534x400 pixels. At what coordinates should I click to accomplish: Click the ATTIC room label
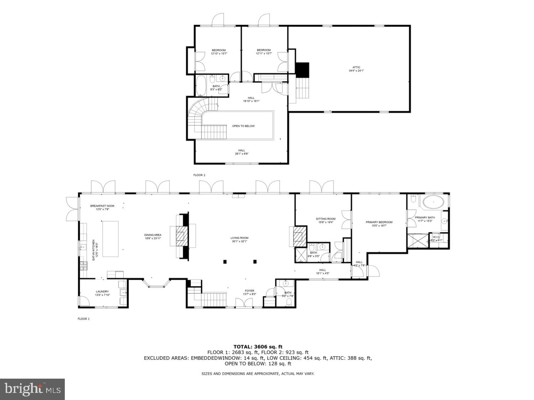point(356,67)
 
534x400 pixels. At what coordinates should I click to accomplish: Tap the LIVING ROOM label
point(239,238)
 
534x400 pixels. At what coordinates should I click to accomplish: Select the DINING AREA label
point(153,235)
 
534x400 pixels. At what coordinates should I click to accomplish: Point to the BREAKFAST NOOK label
point(102,206)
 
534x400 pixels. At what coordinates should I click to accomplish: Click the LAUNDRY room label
point(102,291)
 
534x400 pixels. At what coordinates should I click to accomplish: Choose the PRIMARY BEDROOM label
point(379,222)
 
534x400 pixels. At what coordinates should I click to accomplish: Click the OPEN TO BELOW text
point(243,126)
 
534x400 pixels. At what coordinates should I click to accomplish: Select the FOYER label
point(249,291)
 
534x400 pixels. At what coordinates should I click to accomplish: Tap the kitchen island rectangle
point(111,238)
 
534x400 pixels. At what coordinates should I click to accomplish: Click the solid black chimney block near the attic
point(302,69)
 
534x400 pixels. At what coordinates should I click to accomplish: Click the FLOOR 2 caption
point(199,175)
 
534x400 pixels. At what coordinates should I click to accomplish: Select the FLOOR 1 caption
point(84,319)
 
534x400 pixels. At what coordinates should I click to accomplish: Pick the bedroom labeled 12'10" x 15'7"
point(219,52)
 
